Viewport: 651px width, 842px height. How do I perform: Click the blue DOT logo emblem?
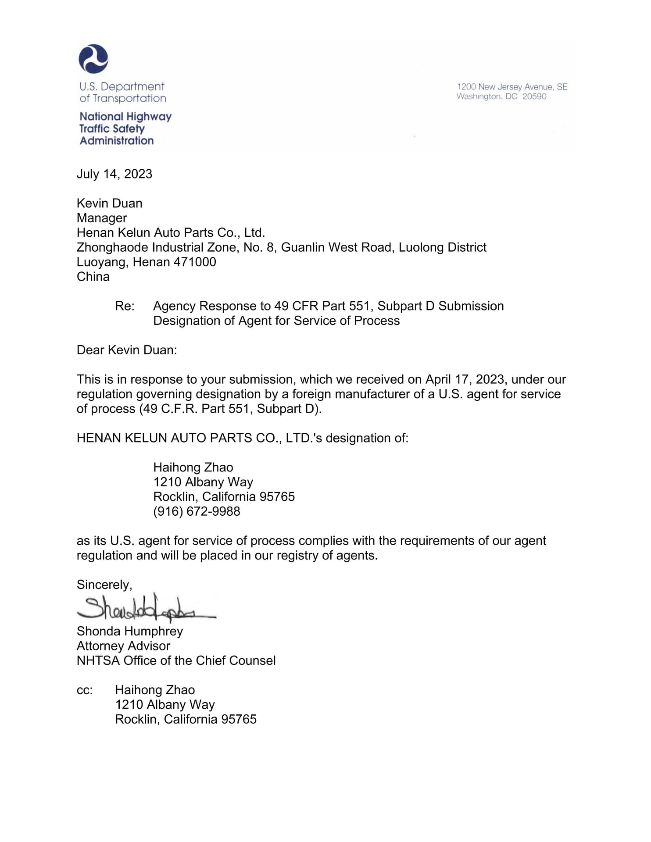[93, 59]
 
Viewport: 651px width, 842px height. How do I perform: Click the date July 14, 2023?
[114, 174]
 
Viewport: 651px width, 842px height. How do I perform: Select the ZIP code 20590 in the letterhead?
[534, 96]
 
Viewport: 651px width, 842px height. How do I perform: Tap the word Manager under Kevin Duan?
[102, 218]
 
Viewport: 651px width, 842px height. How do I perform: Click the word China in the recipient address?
[93, 277]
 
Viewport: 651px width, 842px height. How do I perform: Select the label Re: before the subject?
[125, 306]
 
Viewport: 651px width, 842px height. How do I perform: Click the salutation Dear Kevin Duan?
[127, 350]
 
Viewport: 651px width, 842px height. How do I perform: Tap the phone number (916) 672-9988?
[197, 511]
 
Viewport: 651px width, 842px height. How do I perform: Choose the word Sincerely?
[104, 585]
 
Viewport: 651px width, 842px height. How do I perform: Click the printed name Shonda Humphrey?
[130, 631]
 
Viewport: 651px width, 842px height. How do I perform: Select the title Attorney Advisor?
[123, 646]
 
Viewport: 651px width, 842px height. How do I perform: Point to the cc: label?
[85, 690]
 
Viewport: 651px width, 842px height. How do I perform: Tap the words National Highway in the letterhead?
[125, 117]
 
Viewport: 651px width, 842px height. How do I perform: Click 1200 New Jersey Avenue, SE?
[512, 87]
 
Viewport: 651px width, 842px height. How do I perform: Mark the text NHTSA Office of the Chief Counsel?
[176, 661]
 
